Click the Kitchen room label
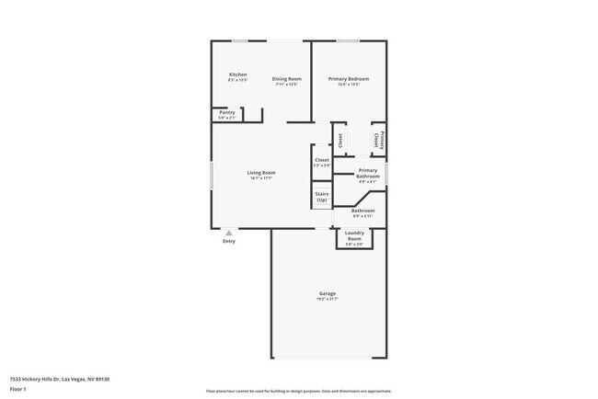pyautogui.click(x=237, y=74)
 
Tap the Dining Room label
pyautogui.click(x=286, y=79)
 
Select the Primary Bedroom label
pyautogui.click(x=349, y=79)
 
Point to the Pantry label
pyautogui.click(x=227, y=112)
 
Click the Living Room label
pyautogui.click(x=261, y=173)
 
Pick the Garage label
pyautogui.click(x=328, y=293)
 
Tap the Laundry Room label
pyautogui.click(x=354, y=235)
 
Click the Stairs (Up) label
pyautogui.click(x=322, y=197)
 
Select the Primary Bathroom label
pyautogui.click(x=367, y=173)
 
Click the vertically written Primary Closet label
pyautogui.click(x=377, y=141)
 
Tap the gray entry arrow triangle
pyautogui.click(x=229, y=233)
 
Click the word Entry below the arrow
pyautogui.click(x=229, y=242)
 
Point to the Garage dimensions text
pyautogui.click(x=328, y=299)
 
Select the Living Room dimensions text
pyautogui.click(x=261, y=178)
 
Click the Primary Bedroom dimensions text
pyautogui.click(x=349, y=85)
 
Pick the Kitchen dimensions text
pyautogui.click(x=237, y=80)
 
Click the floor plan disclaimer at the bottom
pyautogui.click(x=299, y=390)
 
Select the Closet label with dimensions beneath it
pyautogui.click(x=322, y=160)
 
